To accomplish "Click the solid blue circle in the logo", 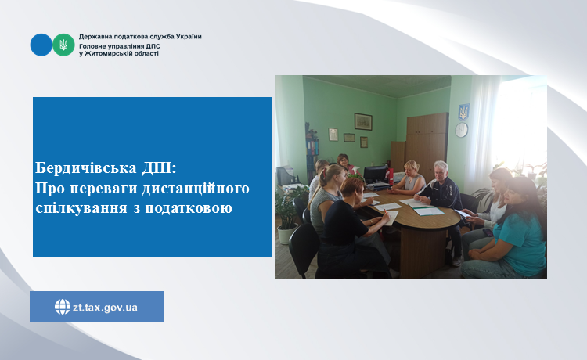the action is (x=41, y=45).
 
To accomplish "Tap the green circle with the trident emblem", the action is (x=63, y=45).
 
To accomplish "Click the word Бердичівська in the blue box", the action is (x=86, y=168).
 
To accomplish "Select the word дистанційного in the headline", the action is (x=196, y=189).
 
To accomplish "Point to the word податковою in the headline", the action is (x=189, y=207).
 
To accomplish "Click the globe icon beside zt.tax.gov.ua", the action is (x=63, y=307).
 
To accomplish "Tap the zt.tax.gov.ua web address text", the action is (x=105, y=308).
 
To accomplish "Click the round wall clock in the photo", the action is (x=461, y=130).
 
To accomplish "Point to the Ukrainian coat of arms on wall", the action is (x=463, y=112).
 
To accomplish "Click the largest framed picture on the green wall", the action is (x=363, y=121).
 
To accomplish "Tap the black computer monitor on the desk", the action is (x=375, y=175).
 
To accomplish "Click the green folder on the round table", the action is (x=428, y=211).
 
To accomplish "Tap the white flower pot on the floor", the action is (x=287, y=233).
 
